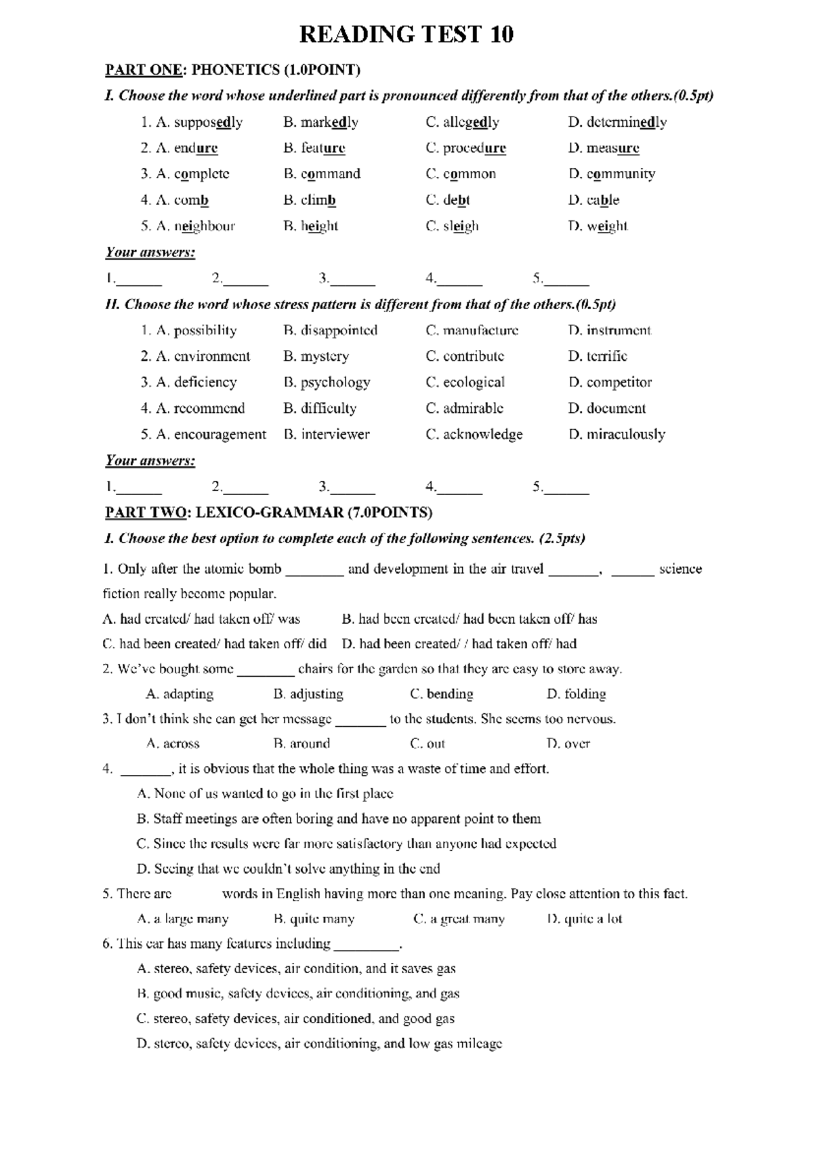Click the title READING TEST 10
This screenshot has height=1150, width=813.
click(x=406, y=34)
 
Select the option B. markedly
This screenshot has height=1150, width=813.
click(x=320, y=123)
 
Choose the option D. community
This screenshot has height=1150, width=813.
click(x=612, y=174)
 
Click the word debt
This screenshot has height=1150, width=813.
click(x=456, y=200)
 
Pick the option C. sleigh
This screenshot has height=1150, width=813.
click(x=452, y=226)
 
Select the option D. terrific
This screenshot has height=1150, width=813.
click(x=598, y=356)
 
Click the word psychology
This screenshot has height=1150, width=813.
click(x=335, y=382)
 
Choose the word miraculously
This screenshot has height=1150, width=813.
click(x=625, y=434)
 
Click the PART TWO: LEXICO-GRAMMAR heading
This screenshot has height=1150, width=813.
click(x=268, y=513)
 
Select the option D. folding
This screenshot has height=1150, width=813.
click(x=576, y=694)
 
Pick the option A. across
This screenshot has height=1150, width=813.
click(x=173, y=744)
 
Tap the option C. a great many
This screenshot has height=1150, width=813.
click(x=459, y=919)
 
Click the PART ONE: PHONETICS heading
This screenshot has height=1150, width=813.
click(x=232, y=70)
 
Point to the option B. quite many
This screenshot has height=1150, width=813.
click(x=314, y=919)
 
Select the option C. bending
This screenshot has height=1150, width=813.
click(x=441, y=694)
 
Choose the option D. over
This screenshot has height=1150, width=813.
click(x=568, y=744)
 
